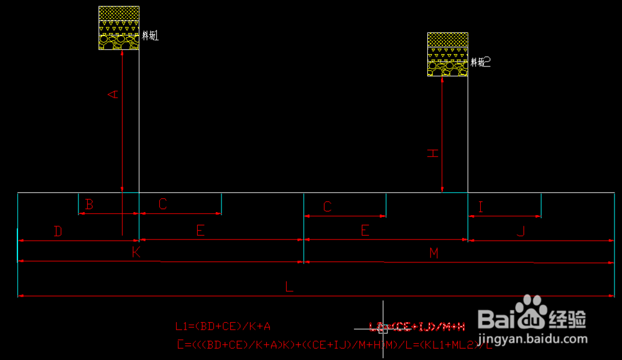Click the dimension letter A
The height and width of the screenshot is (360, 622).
point(113,94)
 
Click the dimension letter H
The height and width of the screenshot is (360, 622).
point(432,154)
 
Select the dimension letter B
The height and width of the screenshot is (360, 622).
point(90,204)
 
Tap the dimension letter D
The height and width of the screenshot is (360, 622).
point(58,231)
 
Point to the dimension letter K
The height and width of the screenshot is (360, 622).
point(136,252)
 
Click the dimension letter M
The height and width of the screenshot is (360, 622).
point(434,253)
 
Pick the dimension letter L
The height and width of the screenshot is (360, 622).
point(289,287)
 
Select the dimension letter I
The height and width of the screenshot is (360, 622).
point(480,208)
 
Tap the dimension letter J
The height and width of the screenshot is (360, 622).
point(521,231)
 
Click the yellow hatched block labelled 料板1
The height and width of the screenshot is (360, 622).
point(118,28)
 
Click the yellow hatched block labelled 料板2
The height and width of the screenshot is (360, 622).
point(447,54)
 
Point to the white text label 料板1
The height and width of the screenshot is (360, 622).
point(151,36)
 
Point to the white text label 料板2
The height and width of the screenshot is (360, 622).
point(480,62)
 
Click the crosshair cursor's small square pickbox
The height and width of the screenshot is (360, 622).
point(383,328)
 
